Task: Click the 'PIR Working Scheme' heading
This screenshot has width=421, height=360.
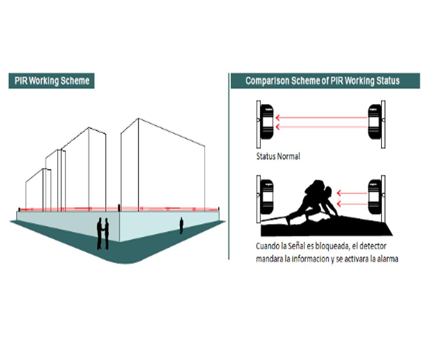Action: click(x=52, y=81)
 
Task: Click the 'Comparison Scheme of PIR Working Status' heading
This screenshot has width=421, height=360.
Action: click(x=322, y=81)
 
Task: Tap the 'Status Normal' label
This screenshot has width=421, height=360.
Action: click(x=278, y=156)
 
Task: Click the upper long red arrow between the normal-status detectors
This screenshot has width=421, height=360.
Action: click(x=321, y=118)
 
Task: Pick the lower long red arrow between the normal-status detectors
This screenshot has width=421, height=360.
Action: click(x=321, y=127)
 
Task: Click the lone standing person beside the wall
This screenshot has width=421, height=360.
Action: click(x=181, y=226)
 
